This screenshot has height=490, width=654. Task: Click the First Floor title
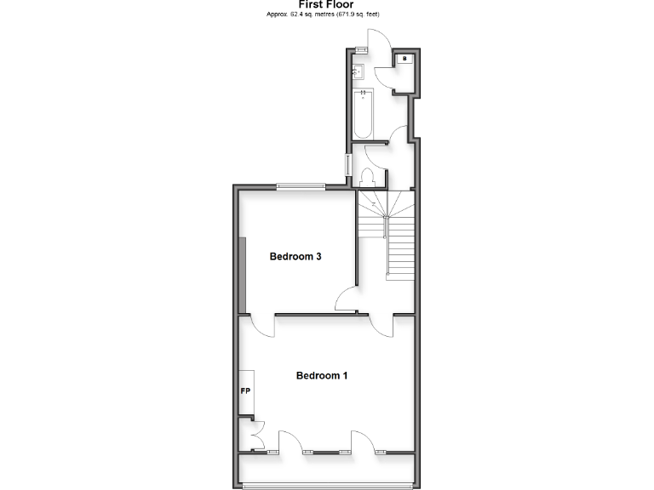pyautogui.click(x=326, y=4)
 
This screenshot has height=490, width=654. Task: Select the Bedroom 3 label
pyautogui.click(x=295, y=257)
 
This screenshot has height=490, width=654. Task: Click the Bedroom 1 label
pyautogui.click(x=321, y=375)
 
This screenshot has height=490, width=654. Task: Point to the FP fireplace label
pyautogui.click(x=245, y=391)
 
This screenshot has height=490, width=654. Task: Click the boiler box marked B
pyautogui.click(x=404, y=58)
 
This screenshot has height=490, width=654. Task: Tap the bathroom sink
pyautogui.click(x=359, y=72)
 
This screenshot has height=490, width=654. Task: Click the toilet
pyautogui.click(x=368, y=177)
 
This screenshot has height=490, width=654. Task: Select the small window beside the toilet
pyautogui.click(x=347, y=164)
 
